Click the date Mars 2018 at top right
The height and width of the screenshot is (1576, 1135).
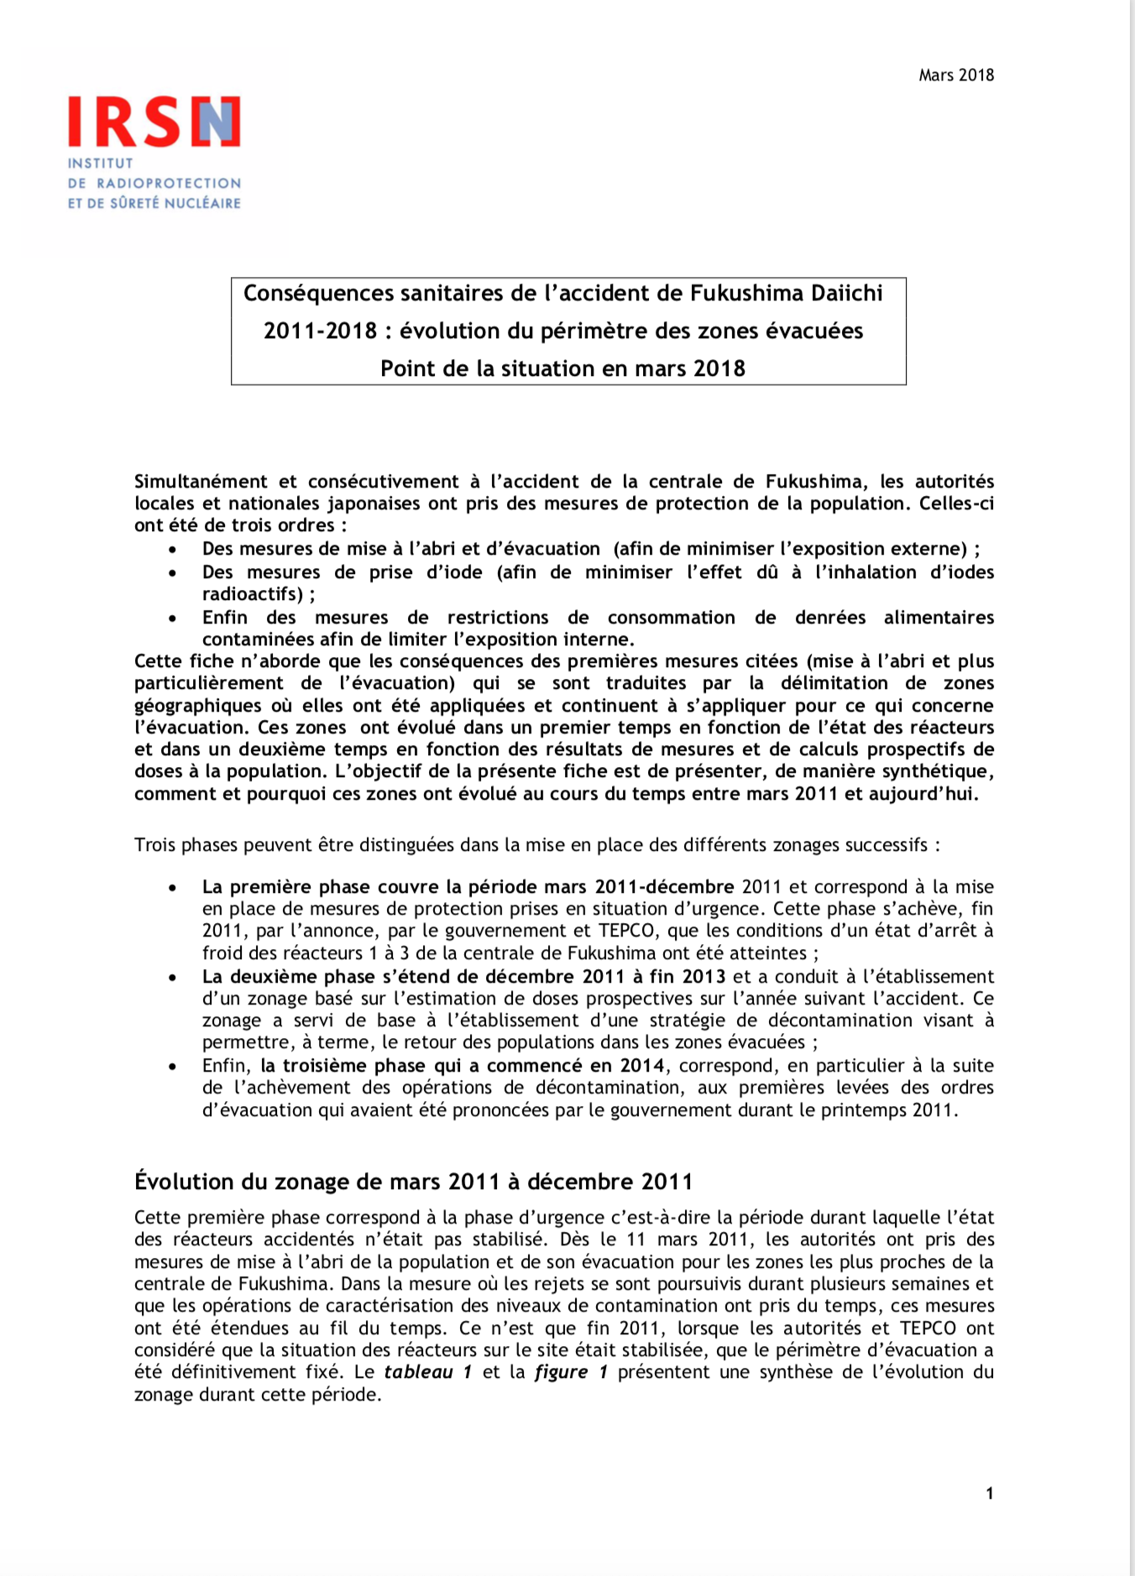click(955, 76)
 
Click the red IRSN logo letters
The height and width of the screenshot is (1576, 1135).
click(154, 123)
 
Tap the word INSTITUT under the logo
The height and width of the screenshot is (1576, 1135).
click(101, 164)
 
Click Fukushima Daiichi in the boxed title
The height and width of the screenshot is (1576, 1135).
click(786, 294)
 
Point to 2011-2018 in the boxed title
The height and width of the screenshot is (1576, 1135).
click(320, 331)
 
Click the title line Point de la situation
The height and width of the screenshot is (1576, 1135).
click(562, 369)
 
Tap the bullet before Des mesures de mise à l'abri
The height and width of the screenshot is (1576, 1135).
click(172, 550)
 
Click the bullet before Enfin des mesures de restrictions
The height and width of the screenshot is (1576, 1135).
click(172, 618)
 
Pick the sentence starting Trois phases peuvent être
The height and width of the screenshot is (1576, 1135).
click(536, 845)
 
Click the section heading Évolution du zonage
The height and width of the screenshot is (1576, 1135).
click(413, 1182)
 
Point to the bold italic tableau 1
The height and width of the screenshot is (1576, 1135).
click(427, 1372)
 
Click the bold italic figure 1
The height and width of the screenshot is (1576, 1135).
click(571, 1372)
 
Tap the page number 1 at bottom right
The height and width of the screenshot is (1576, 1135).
click(990, 1494)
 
